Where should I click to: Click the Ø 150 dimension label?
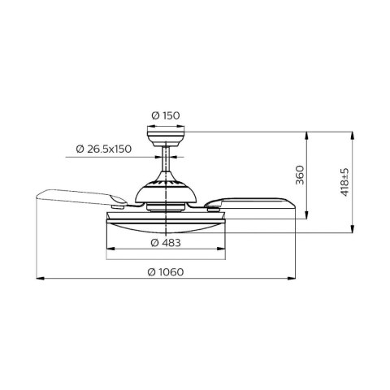pos(168,115)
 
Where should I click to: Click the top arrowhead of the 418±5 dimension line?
pos(352,132)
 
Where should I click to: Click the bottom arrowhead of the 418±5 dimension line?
pos(352,232)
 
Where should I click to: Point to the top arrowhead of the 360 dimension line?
pos(305,132)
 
